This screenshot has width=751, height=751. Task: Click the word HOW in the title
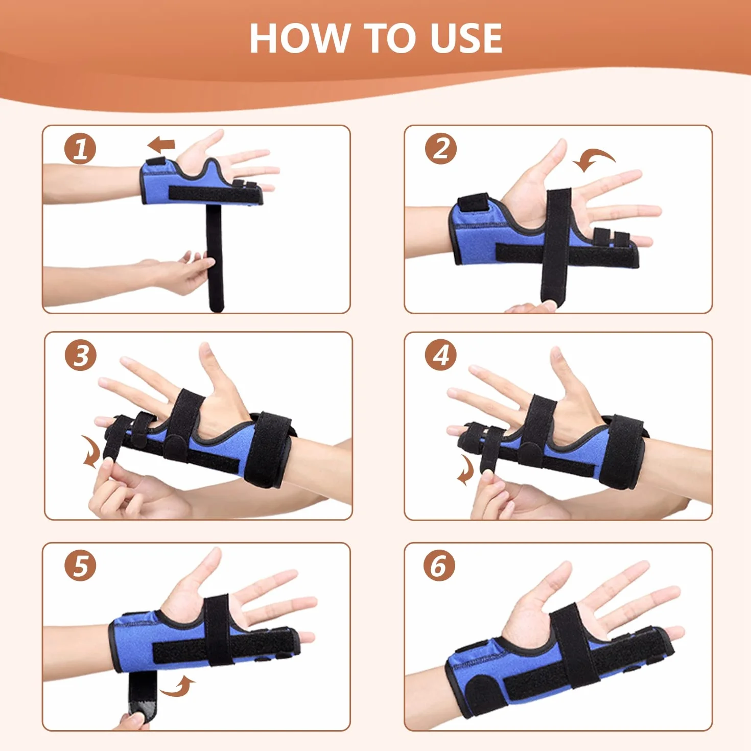(x=299, y=38)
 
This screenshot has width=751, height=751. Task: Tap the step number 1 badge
(x=80, y=149)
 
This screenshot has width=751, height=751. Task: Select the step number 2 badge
(x=441, y=149)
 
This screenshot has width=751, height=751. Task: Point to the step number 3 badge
(x=80, y=355)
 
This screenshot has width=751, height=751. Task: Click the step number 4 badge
(x=441, y=355)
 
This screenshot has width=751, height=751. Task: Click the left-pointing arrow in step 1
(x=161, y=146)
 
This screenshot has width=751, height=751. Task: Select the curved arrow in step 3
(x=92, y=451)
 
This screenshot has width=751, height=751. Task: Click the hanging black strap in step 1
(x=215, y=257)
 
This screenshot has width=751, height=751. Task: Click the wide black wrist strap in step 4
(x=622, y=452)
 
